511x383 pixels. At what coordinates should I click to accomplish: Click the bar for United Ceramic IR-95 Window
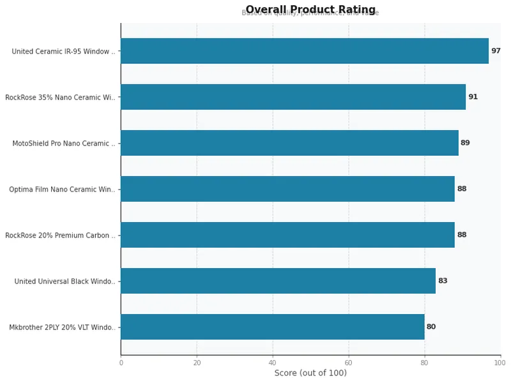(304, 51)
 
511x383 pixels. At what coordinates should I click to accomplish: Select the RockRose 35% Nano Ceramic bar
(293, 97)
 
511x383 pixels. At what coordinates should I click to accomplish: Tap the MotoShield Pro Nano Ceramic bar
(289, 143)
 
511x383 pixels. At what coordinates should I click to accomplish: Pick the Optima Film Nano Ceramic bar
(287, 189)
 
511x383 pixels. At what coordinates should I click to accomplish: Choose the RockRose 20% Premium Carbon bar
(287, 235)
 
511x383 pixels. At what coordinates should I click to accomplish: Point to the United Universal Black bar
(278, 281)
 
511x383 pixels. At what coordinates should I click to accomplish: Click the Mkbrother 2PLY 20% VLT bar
(272, 327)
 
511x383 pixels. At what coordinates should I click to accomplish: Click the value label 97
(496, 51)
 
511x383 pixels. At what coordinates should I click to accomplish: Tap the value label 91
(473, 97)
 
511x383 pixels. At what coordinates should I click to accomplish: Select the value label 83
(443, 281)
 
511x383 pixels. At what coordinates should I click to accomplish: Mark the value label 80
(431, 327)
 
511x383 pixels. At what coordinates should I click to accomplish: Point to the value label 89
(465, 143)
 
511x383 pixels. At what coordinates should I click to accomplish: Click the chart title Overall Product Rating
(310, 10)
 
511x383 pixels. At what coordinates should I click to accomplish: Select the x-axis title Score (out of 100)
(310, 373)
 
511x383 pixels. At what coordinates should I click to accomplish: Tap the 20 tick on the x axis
(197, 363)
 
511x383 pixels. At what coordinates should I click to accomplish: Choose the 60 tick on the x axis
(349, 363)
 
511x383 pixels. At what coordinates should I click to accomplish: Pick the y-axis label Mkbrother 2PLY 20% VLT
(63, 327)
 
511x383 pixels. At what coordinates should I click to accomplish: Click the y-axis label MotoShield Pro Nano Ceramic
(64, 144)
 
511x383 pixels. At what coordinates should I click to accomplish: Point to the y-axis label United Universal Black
(65, 282)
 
